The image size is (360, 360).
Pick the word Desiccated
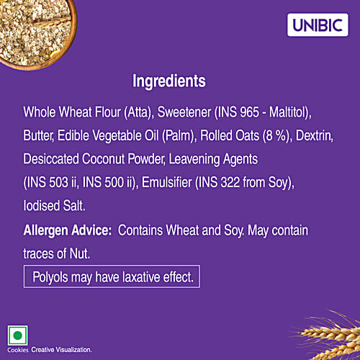click(x=53, y=157)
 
